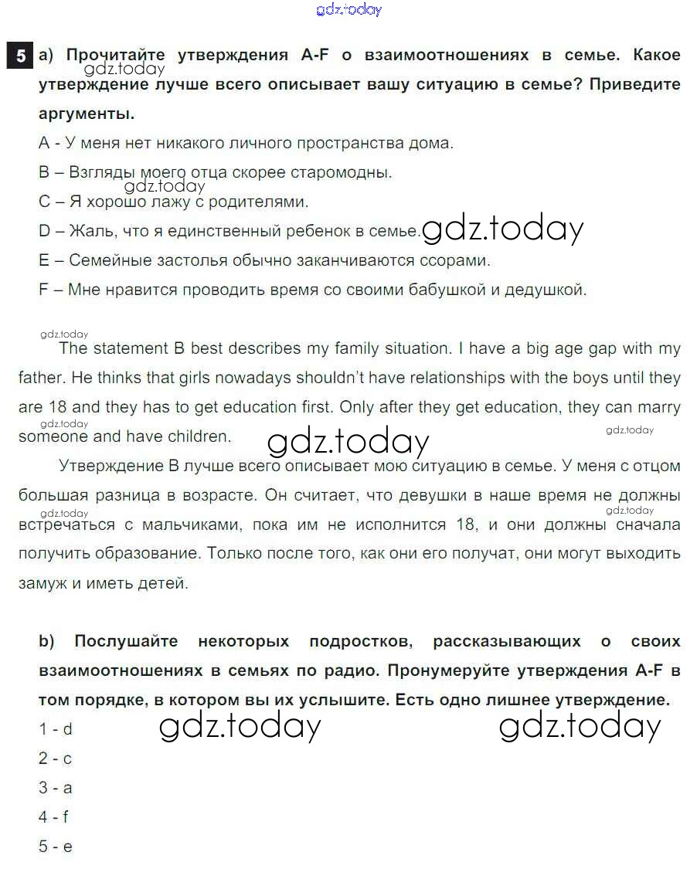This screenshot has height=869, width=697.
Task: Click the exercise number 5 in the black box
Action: point(20,56)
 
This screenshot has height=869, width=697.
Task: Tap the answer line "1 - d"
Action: point(55,728)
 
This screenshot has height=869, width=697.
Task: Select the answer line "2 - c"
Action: point(55,758)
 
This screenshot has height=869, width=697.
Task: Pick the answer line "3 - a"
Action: point(55,787)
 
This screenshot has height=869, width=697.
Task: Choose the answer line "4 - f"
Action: point(53,816)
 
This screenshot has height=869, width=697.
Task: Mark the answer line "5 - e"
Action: point(55,846)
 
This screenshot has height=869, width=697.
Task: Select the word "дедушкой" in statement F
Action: point(551,290)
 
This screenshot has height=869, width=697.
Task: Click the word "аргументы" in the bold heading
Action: point(87,114)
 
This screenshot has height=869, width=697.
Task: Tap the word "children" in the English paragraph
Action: point(197,436)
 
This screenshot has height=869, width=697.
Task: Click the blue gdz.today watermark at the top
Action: point(349,10)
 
